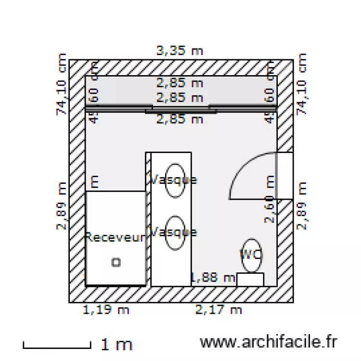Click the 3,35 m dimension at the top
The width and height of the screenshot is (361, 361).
180,51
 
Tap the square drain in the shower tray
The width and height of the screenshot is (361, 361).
116,262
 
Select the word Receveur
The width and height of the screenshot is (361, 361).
115,237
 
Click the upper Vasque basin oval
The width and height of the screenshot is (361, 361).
175,180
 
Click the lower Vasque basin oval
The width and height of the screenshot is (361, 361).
175,233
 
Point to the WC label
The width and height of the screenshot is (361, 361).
251,254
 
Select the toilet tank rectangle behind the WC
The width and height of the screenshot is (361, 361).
250,279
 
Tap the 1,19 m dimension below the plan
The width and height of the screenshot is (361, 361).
106,310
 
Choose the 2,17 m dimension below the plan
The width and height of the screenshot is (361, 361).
219,310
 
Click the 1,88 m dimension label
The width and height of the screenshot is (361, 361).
213,277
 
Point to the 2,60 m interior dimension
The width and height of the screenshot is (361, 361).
270,199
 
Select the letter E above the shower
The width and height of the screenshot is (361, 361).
95,182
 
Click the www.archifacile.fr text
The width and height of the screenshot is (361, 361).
269,342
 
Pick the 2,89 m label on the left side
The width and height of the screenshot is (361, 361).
61,206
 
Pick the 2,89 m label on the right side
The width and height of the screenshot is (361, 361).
302,206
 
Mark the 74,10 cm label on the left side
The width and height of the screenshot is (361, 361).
61,85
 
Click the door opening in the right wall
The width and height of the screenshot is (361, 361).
284,176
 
